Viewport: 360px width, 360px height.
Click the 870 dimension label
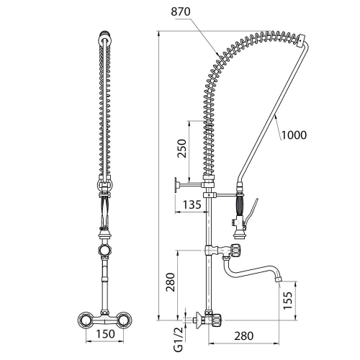pos(181,12)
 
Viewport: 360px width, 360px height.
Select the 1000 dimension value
pos(294,135)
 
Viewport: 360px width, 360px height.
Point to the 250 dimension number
pos(181,148)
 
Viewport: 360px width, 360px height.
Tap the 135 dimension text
pos(192,204)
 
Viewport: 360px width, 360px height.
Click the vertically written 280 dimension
pos(171,282)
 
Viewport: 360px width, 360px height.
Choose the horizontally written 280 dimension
pos(244,336)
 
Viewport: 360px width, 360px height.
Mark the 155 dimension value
pos(288,300)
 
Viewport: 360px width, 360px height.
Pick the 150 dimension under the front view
pos(105,334)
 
